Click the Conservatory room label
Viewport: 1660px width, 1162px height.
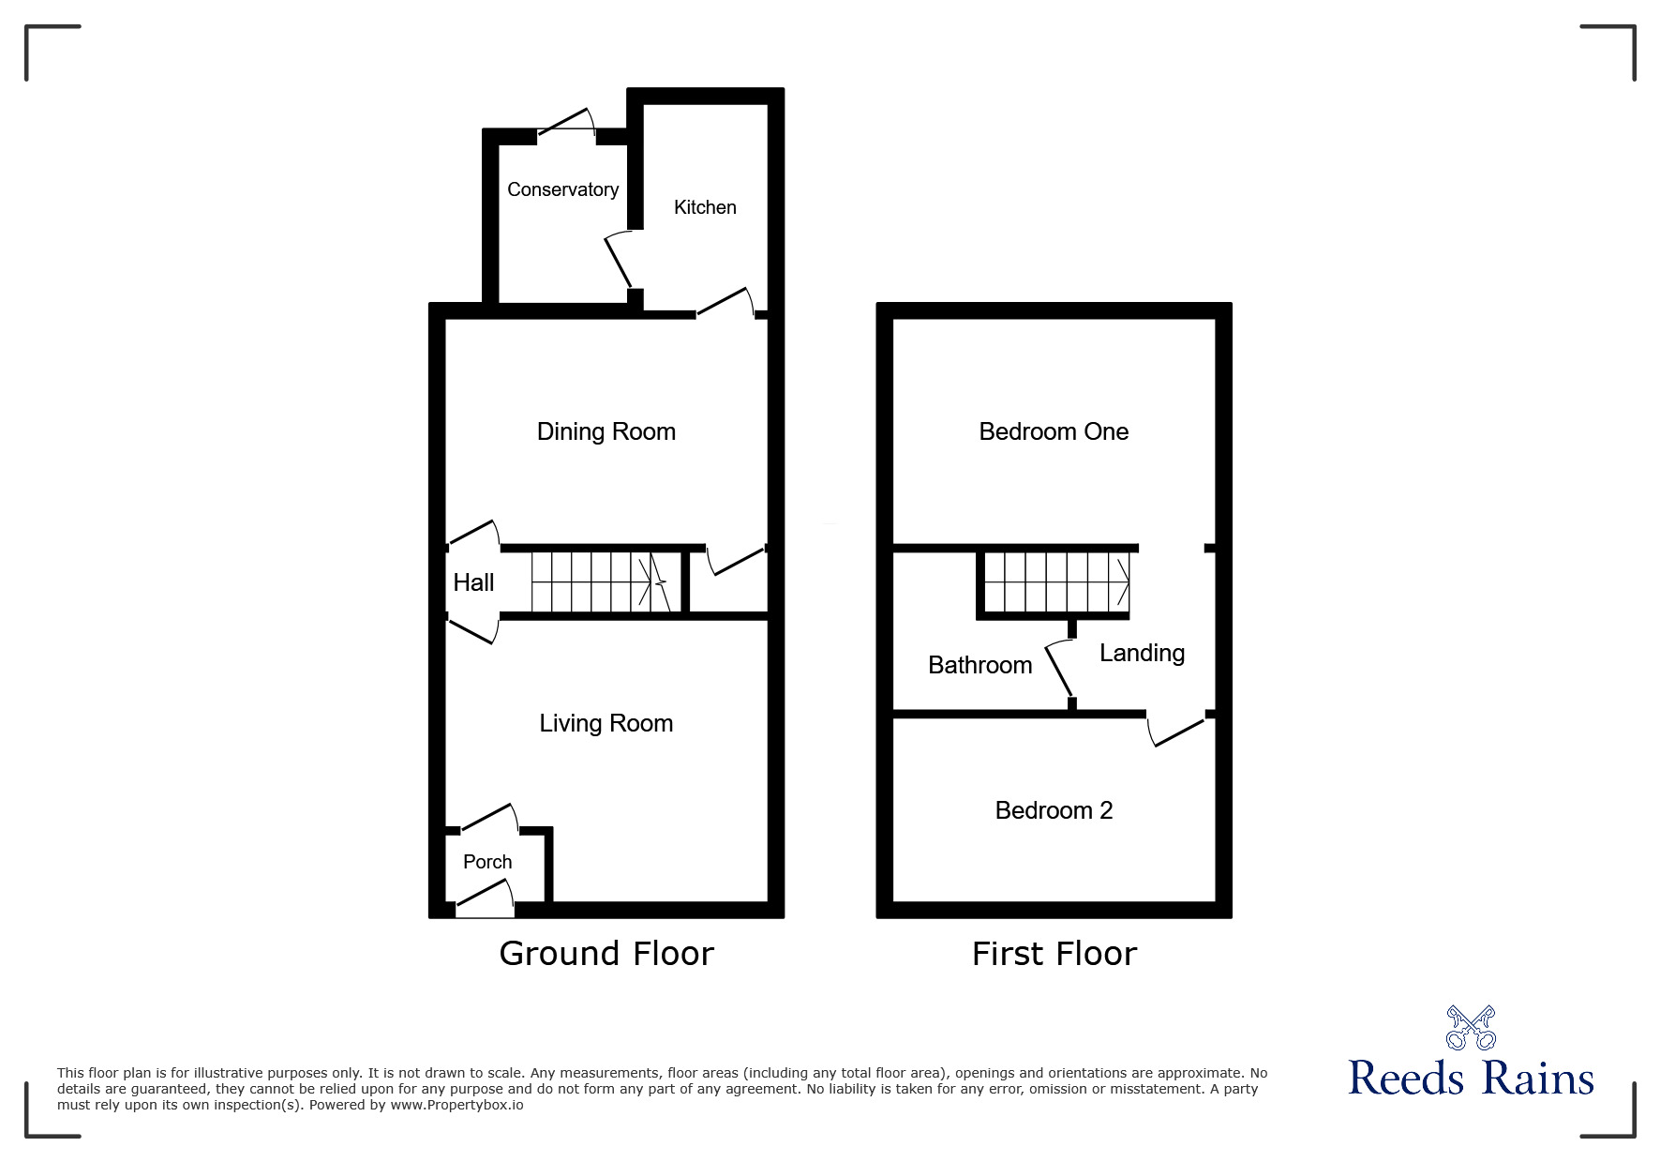point(562,189)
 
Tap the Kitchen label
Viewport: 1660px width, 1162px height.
point(705,207)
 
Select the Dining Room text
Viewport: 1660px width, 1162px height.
point(606,431)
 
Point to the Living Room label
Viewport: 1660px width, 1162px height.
point(606,723)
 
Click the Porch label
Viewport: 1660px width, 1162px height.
point(487,862)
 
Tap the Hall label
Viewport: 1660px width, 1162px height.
point(473,582)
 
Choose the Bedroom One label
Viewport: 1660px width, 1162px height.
point(1054,431)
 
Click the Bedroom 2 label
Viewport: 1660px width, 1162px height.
point(1054,810)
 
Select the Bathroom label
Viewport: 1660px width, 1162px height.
point(980,665)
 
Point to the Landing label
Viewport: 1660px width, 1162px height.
point(1142,653)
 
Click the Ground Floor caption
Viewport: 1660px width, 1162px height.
point(606,953)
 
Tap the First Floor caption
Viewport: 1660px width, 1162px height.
point(1054,954)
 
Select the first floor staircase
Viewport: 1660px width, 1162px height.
point(1056,582)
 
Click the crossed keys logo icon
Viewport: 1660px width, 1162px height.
point(1471,1027)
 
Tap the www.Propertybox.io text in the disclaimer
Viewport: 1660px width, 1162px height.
point(456,1105)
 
